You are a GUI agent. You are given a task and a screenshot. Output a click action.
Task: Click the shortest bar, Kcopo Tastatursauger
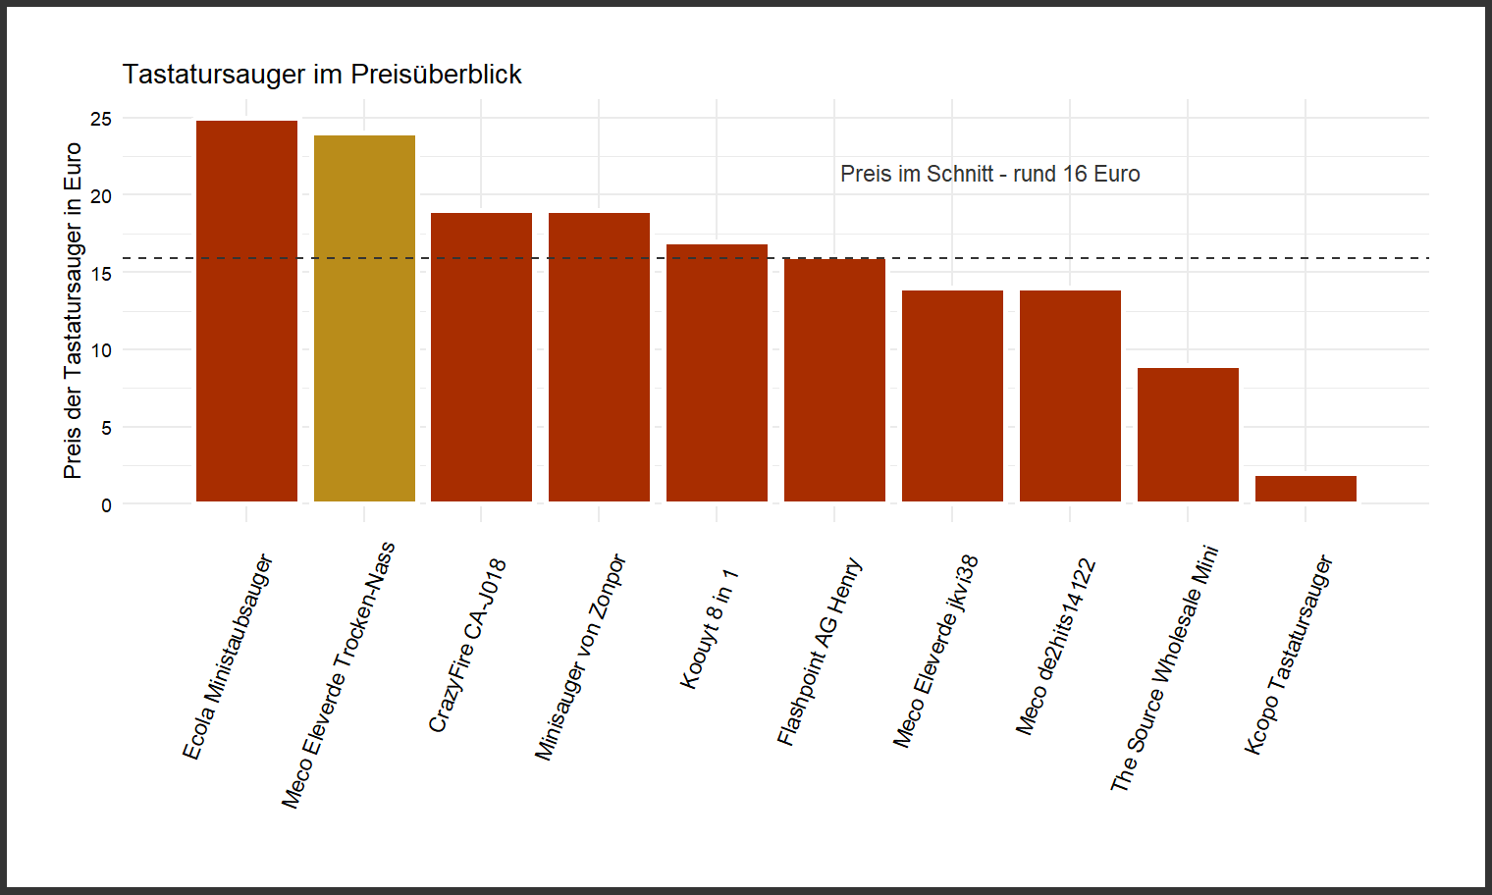tap(1305, 489)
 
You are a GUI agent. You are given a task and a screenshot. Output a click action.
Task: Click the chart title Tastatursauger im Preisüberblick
tap(322, 75)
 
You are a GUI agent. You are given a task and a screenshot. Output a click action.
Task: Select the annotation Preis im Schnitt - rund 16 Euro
tap(989, 175)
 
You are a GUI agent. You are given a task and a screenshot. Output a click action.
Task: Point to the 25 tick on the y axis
tap(101, 119)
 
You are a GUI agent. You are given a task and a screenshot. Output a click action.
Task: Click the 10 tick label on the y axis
tap(101, 350)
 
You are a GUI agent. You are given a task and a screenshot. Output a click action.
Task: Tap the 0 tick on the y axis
tap(106, 505)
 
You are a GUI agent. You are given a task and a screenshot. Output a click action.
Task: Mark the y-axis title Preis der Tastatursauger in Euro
tap(73, 310)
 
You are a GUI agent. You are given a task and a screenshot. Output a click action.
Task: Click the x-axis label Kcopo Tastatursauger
tap(1288, 655)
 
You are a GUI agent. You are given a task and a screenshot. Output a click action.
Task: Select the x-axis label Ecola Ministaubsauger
tap(227, 658)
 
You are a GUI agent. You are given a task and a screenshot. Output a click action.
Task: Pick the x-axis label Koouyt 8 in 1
tap(708, 628)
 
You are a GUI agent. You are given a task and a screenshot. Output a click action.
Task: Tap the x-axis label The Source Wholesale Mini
tap(1164, 668)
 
